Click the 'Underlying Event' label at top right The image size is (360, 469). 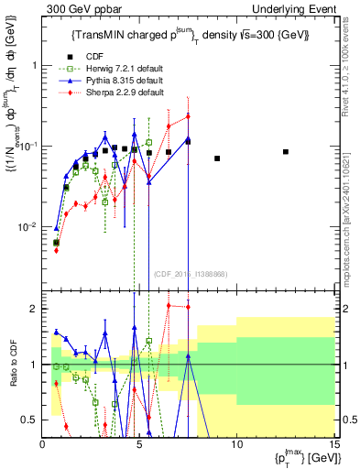tap(300, 8)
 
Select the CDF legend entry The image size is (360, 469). tap(90, 55)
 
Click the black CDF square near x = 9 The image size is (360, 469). tap(217, 158)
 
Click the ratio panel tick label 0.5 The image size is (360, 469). tap(28, 420)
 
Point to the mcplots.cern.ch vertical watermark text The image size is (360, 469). tap(351, 211)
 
